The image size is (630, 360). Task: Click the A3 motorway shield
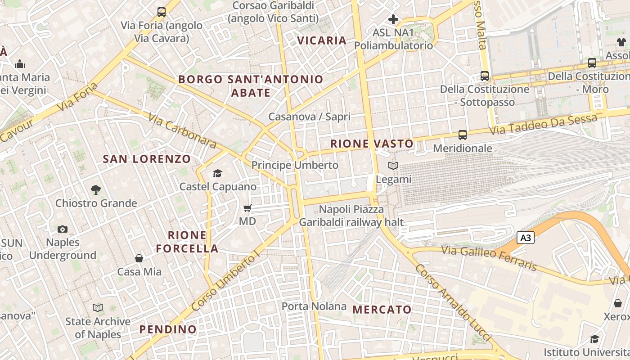(x=526, y=238)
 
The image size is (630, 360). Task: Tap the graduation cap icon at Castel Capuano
(x=218, y=173)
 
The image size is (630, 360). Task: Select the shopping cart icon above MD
(x=247, y=208)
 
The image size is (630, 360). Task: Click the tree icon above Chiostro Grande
(x=95, y=190)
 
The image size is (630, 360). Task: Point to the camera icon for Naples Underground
(x=63, y=229)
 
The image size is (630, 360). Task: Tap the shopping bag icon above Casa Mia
(x=139, y=258)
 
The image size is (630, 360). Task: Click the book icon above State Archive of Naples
(x=98, y=308)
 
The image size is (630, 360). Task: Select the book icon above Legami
(x=393, y=166)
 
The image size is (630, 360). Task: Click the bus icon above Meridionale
(x=462, y=135)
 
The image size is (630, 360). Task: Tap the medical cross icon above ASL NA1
(x=393, y=19)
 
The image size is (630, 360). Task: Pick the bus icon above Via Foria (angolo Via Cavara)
(x=161, y=12)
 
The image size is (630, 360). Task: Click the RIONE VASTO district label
(x=372, y=144)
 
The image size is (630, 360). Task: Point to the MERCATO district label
(x=382, y=310)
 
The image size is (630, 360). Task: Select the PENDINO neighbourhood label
(x=168, y=329)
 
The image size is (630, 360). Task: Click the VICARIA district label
(x=322, y=40)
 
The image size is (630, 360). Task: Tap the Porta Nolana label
(x=314, y=307)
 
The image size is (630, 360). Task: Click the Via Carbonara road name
(x=182, y=130)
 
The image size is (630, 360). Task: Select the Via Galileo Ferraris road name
(x=489, y=258)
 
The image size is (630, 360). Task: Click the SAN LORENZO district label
(x=147, y=159)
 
